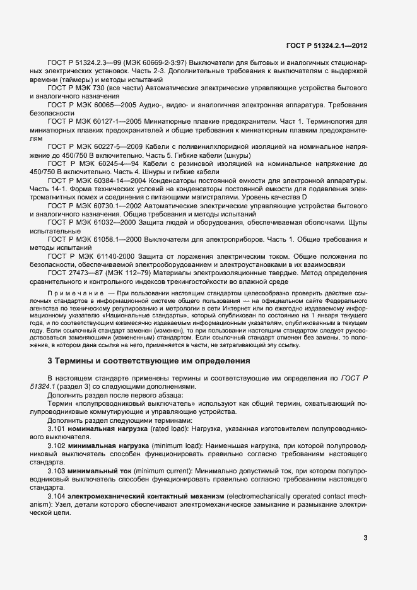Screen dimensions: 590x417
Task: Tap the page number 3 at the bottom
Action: [365, 538]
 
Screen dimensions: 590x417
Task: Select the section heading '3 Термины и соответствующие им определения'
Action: [148, 361]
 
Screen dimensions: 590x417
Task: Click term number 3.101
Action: [57, 428]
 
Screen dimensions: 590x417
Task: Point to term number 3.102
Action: [57, 445]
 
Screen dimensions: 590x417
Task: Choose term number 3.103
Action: [57, 471]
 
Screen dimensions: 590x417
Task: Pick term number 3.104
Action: [57, 497]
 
